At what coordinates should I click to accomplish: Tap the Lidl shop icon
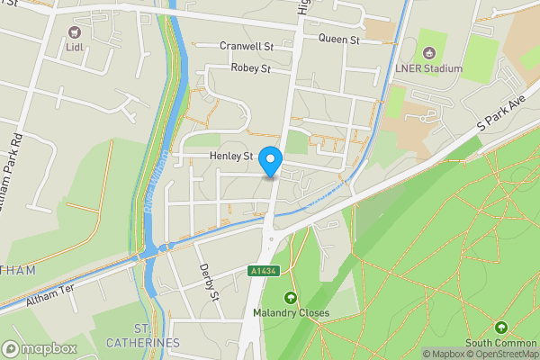(75, 32)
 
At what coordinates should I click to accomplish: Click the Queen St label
(338, 40)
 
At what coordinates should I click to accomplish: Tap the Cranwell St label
(247, 46)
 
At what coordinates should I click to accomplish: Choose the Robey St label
(250, 68)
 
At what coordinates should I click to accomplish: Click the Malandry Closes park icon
(290, 298)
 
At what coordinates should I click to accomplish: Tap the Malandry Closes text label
(290, 313)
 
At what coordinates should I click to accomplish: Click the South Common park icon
(501, 327)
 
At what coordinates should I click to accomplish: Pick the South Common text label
(501, 342)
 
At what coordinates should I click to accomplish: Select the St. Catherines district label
(144, 336)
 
